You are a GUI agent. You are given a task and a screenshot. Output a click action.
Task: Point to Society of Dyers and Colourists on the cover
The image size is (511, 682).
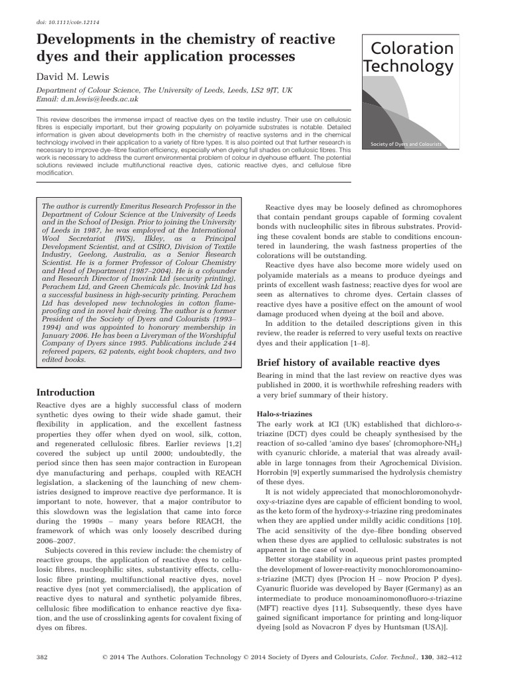point(408,144)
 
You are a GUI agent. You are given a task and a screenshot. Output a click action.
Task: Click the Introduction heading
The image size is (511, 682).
point(65,392)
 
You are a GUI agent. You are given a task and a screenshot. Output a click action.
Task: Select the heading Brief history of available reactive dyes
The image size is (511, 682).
point(348,362)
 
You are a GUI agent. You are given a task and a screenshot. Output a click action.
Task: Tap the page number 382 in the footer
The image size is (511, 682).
point(41,657)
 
